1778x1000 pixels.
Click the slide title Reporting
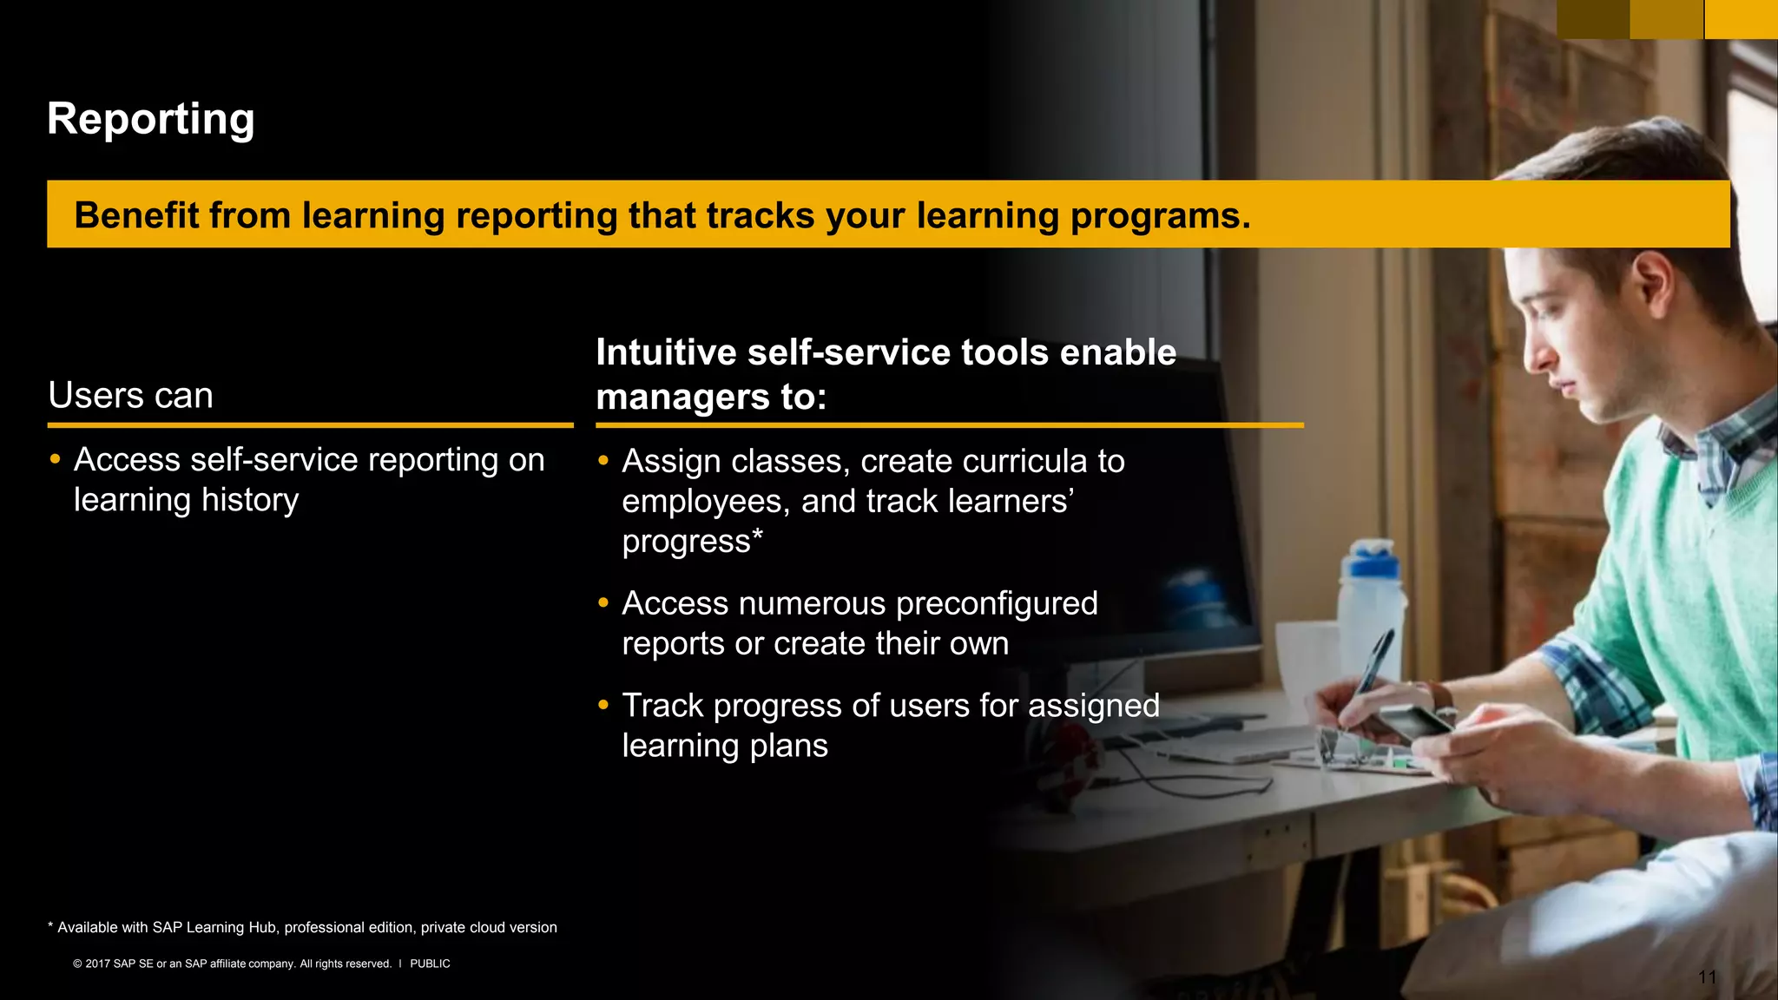(150, 119)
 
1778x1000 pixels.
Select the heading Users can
(130, 395)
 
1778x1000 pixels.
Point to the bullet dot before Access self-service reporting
(56, 459)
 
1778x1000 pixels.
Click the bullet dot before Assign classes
(603, 460)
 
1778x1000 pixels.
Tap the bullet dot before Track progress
(603, 705)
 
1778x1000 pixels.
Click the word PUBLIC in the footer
(430, 964)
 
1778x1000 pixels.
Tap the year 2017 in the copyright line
(97, 964)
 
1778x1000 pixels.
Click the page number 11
(1707, 977)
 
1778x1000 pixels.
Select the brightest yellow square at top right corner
(1741, 19)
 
